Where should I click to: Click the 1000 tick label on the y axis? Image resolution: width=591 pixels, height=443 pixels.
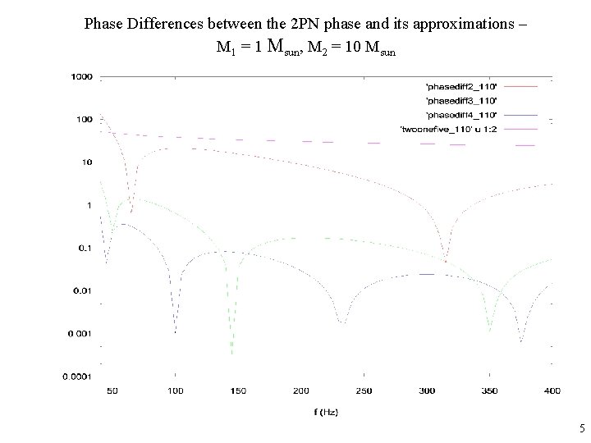pos(80,76)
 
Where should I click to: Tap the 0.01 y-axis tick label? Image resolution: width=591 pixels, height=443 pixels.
pos(83,290)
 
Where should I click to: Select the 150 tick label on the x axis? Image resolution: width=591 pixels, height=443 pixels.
pos(237,390)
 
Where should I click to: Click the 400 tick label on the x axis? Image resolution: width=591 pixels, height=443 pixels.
pos(552,390)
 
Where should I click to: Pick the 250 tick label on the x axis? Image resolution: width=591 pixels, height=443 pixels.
pos(363,390)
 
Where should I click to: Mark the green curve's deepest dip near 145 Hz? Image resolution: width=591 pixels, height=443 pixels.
pos(232,353)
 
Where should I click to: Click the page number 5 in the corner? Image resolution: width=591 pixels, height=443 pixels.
pos(581,428)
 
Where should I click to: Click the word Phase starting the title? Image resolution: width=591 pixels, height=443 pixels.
pos(104,23)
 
